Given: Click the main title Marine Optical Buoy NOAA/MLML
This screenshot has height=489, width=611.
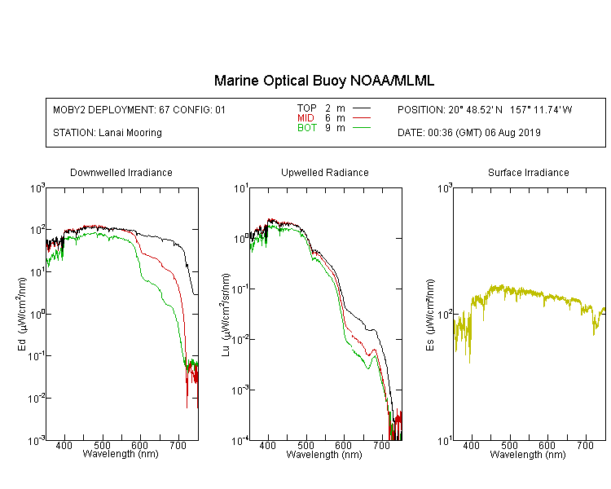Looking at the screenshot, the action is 323,81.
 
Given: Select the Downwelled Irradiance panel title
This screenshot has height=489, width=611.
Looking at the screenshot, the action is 121,172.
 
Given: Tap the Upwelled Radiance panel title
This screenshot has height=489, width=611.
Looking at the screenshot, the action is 325,172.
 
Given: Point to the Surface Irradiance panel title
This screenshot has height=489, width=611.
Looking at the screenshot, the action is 529,172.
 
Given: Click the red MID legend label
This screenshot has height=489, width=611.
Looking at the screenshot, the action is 305,117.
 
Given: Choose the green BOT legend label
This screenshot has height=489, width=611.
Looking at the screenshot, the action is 307,128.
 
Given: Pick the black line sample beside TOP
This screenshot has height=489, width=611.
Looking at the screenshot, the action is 362,108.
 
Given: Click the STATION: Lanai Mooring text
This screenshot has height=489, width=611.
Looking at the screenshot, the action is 108,133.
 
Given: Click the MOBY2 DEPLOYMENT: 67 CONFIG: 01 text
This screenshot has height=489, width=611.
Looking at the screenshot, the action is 139,109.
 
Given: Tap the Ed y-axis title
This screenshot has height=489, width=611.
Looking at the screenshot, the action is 22,315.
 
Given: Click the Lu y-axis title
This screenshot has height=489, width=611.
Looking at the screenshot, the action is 226,315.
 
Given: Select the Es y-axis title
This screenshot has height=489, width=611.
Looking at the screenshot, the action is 430,315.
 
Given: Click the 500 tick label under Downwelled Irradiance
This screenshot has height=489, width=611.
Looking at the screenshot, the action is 102,445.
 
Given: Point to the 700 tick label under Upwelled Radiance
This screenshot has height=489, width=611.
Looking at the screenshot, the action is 381,445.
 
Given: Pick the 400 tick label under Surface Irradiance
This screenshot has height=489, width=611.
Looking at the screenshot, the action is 472,445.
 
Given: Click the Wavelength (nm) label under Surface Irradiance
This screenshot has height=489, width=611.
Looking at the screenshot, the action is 528,455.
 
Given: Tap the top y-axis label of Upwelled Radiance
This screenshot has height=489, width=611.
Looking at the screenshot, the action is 241,189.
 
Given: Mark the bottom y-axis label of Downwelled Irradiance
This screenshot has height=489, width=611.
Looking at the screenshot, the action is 37,441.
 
